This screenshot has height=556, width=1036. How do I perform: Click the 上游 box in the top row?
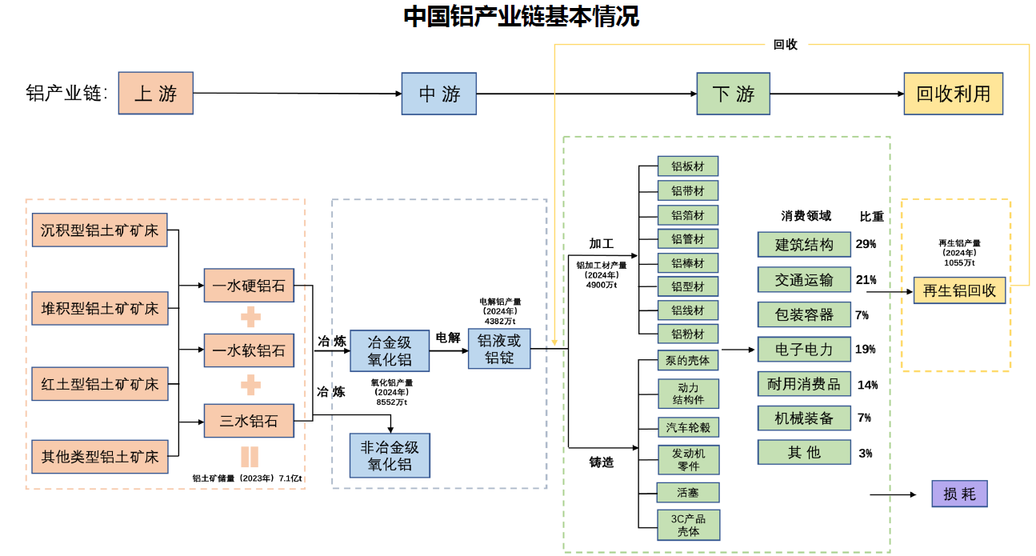pyautogui.click(x=156, y=93)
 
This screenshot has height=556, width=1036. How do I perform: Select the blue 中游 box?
pyautogui.click(x=439, y=94)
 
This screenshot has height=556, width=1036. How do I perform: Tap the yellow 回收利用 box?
pyautogui.click(x=953, y=94)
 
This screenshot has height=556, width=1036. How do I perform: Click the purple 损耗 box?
pyautogui.click(x=959, y=494)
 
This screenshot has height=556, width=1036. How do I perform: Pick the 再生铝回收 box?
pyautogui.click(x=959, y=290)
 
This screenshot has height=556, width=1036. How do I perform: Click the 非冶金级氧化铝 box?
pyautogui.click(x=390, y=455)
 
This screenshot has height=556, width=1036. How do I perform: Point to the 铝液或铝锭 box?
pyautogui.click(x=499, y=349)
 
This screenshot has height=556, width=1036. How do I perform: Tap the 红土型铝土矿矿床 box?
pyautogui.click(x=100, y=384)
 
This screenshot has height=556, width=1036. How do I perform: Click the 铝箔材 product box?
pyautogui.click(x=687, y=214)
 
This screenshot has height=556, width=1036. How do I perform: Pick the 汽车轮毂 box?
pyautogui.click(x=688, y=426)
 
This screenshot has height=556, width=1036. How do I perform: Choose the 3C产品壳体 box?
pyautogui.click(x=688, y=524)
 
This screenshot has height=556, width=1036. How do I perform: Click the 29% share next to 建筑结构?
pyautogui.click(x=866, y=244)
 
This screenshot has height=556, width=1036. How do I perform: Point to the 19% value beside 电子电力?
pyautogui.click(x=866, y=349)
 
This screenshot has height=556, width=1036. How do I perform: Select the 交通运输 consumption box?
pyautogui.click(x=804, y=279)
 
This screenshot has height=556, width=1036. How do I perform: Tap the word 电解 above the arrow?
pyautogui.click(x=447, y=338)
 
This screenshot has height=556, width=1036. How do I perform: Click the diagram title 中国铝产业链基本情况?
pyautogui.click(x=521, y=17)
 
